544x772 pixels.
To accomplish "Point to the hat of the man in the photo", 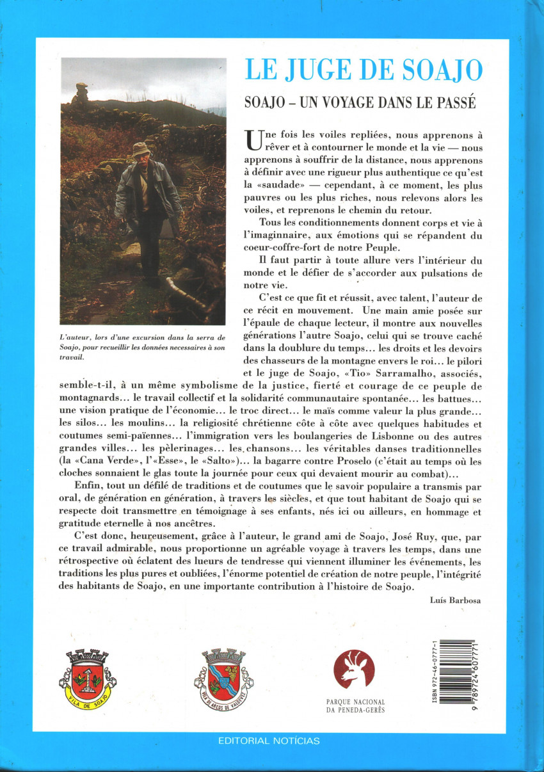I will (x=141, y=149).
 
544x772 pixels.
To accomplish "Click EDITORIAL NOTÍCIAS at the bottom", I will (x=269, y=741).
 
